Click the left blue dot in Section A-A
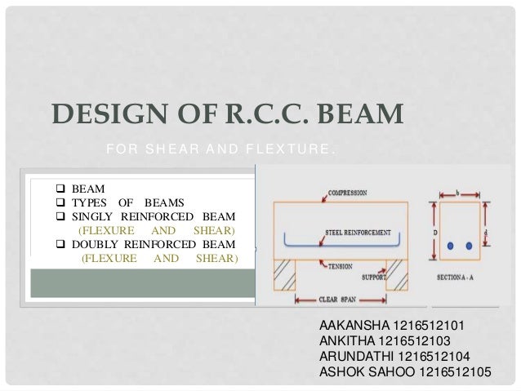(450, 246)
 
